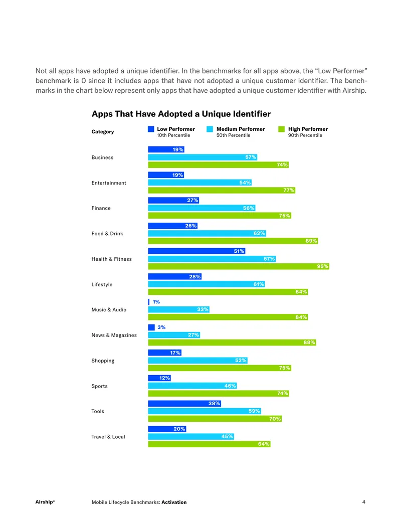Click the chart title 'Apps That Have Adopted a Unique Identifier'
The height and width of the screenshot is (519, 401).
[181, 114]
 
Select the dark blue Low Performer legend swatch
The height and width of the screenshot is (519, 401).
[151, 129]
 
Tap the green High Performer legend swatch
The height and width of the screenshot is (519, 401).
[282, 129]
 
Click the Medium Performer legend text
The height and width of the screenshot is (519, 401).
[241, 129]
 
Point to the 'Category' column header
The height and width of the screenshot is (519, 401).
[103, 132]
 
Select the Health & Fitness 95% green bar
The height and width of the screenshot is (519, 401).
[239, 266]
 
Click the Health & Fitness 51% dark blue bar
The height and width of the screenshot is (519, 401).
[196, 251]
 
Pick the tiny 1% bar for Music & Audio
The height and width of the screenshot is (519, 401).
[148, 302]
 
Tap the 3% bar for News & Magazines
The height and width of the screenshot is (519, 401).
[151, 327]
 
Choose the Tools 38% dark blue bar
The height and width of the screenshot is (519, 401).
[184, 404]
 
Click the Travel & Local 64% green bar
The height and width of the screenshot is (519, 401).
[209, 444]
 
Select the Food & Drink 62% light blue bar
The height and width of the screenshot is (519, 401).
[207, 233]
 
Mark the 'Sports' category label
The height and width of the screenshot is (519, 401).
[100, 386]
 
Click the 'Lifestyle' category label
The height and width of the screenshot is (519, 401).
[102, 285]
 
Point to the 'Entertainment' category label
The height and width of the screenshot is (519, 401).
[109, 183]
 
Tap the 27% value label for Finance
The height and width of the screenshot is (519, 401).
[192, 200]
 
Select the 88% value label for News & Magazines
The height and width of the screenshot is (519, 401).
[309, 342]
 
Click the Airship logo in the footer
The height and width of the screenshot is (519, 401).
[45, 502]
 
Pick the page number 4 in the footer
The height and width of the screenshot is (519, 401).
[363, 502]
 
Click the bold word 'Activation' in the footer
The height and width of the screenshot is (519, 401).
[174, 502]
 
